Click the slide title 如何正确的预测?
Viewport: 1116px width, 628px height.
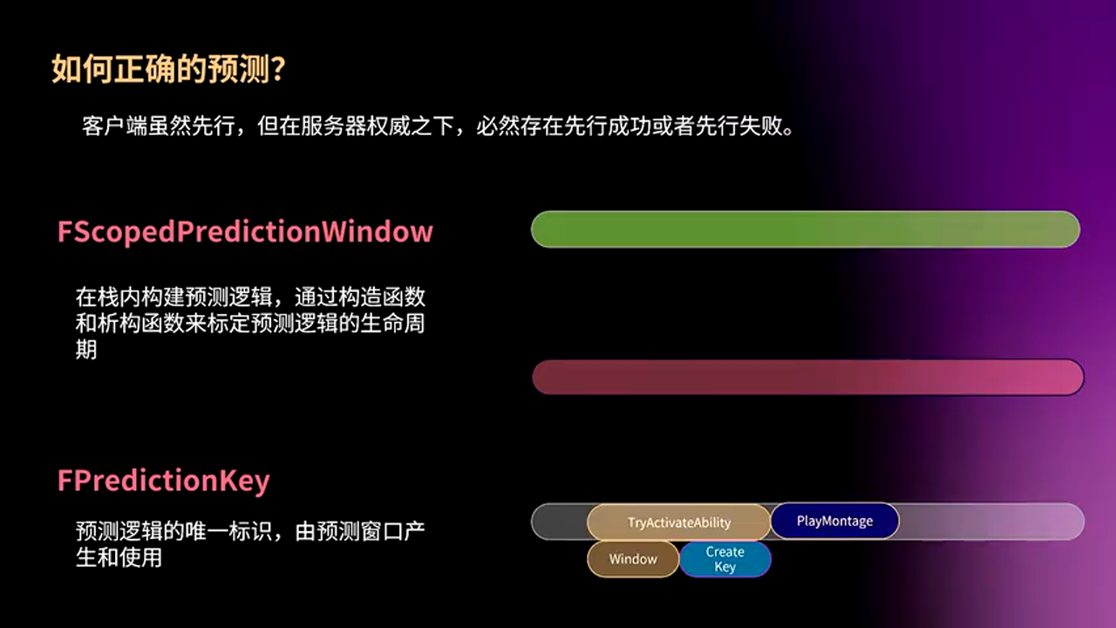coord(168,68)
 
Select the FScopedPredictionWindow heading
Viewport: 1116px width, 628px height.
coord(245,232)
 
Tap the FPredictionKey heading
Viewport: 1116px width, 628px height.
coord(163,481)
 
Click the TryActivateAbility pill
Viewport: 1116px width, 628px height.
coord(678,522)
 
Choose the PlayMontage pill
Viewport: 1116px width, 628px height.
coord(835,521)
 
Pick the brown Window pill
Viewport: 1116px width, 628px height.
coord(633,559)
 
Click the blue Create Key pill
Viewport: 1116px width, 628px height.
coord(725,559)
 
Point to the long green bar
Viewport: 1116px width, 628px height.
coord(806,229)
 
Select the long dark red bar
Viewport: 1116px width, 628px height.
coord(808,378)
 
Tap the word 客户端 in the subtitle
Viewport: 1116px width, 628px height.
coord(114,126)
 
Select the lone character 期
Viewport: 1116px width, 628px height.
coord(86,350)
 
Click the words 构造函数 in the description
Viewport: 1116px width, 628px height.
coord(382,297)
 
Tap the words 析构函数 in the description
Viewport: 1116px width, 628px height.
coord(141,324)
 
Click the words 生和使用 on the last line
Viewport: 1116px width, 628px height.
coord(119,557)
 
